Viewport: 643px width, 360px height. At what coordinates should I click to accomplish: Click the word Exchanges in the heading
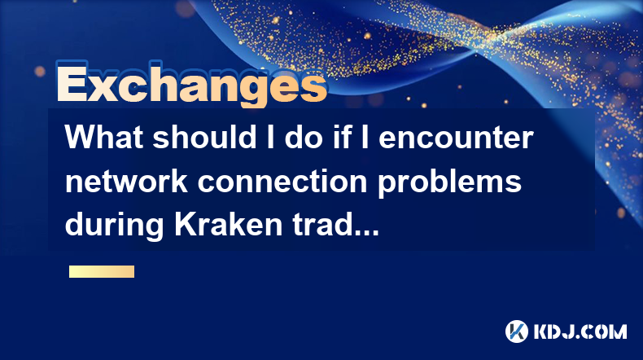191,85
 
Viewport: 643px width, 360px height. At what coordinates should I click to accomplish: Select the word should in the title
205,137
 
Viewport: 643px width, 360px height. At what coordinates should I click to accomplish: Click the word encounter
456,138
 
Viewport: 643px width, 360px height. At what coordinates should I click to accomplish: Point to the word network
126,181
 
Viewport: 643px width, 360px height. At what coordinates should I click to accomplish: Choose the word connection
282,182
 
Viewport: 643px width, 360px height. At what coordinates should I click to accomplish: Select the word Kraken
229,225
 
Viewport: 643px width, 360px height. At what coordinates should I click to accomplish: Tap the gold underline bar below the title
102,271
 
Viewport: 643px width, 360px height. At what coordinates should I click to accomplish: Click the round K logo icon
517,331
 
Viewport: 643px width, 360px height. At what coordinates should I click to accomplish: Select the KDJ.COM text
580,331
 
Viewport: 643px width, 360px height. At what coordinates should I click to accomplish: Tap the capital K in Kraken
185,225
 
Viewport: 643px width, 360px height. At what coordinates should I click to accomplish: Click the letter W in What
80,137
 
